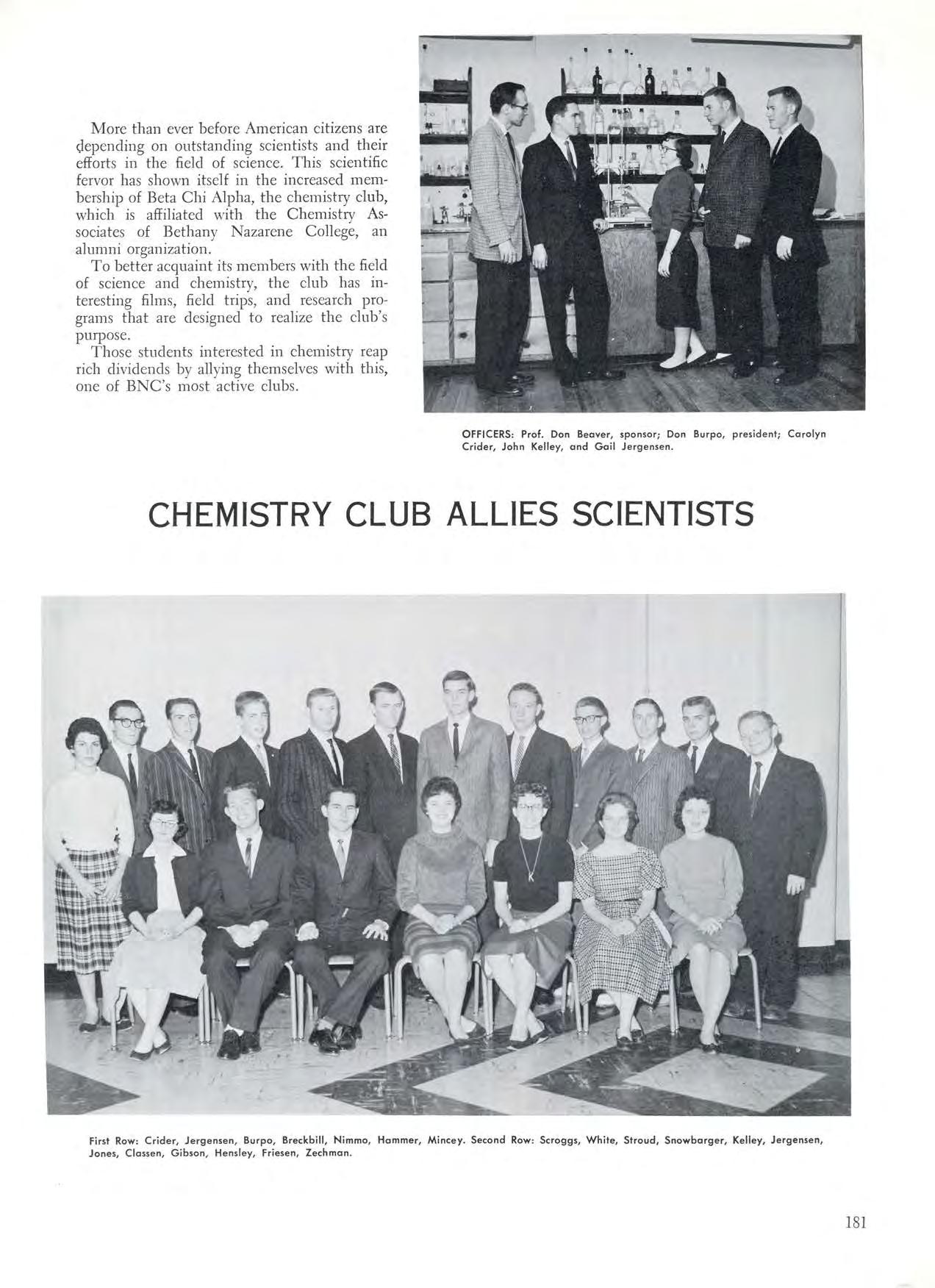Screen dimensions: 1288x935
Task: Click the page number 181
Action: (856, 1223)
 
